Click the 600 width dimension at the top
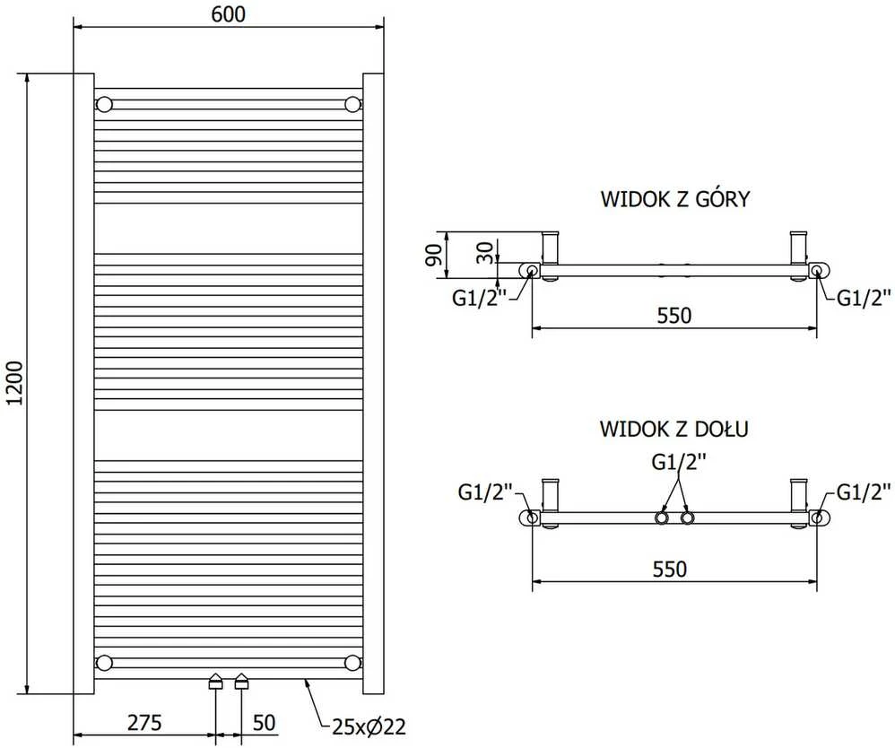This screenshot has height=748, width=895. coord(229,13)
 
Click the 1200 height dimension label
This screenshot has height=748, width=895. coord(15,383)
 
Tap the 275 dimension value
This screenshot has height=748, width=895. coord(144,722)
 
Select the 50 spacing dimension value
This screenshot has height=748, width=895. coord(264,722)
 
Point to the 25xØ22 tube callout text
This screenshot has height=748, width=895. coord(369,726)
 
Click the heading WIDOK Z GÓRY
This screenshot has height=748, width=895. coord(675,199)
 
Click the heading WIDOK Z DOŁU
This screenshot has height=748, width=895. coord(674,429)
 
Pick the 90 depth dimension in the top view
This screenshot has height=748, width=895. coord(435,255)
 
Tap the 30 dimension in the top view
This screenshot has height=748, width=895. coord(484,252)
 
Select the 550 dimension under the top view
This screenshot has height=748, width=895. coord(674,315)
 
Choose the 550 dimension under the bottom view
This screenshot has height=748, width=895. coord(670,569)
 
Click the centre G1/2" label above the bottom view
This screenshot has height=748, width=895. coord(679,461)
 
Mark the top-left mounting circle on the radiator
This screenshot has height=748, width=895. coord(104,105)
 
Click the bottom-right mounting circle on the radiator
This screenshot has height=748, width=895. coord(352,663)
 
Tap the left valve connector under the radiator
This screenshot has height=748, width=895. coord(215,682)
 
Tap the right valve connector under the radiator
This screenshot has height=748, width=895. coord(242,682)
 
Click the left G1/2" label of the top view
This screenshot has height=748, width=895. coord(480,298)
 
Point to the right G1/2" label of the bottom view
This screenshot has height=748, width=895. coord(864,491)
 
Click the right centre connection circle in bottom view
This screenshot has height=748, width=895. coord(688,518)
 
